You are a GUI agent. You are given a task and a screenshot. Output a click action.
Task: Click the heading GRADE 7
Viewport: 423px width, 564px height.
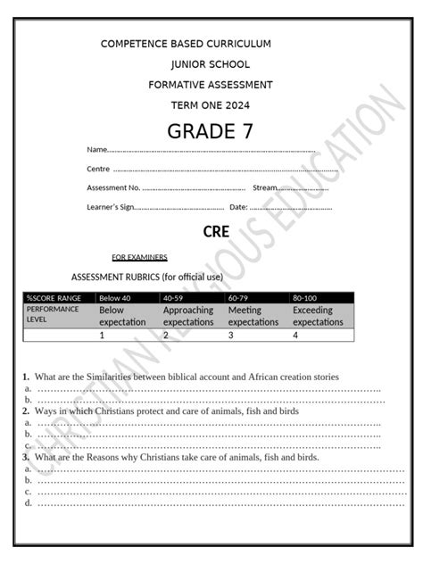point(211,132)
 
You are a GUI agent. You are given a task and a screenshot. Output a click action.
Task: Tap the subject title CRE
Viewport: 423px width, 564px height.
point(216,231)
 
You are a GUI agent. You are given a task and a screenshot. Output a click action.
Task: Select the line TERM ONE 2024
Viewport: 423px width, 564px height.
point(211,105)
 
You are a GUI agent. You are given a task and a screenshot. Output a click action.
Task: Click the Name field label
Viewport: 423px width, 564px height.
point(96,149)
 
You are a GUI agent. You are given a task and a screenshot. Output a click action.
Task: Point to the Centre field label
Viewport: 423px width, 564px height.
point(98,169)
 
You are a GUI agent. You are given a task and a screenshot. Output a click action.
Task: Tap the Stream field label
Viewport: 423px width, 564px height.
point(265,187)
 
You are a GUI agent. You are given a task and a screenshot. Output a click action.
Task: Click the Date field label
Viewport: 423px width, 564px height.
point(238,207)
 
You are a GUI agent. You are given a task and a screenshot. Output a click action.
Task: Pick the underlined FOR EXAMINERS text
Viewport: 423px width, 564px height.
point(139,257)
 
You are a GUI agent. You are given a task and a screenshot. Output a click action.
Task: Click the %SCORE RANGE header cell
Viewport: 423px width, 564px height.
point(54,297)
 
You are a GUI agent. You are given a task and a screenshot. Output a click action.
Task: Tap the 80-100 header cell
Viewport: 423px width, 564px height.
point(304,297)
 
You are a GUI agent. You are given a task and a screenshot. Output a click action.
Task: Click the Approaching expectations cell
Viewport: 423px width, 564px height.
point(188,316)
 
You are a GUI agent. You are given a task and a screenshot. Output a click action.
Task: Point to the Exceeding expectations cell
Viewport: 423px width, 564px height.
point(318,316)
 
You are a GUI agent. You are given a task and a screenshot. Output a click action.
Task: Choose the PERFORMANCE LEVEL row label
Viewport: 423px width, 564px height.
point(53,313)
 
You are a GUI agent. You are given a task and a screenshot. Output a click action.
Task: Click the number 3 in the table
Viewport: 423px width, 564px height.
point(231,336)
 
